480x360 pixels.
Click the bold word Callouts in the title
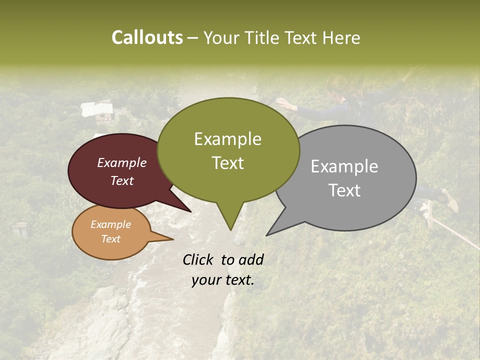(147, 37)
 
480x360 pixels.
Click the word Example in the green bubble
(227, 139)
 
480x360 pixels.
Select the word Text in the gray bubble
(344, 190)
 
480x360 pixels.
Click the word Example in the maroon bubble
(122, 162)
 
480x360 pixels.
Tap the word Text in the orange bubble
(111, 239)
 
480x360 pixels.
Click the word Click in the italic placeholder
(198, 259)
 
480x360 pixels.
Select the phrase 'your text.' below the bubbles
(223, 280)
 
